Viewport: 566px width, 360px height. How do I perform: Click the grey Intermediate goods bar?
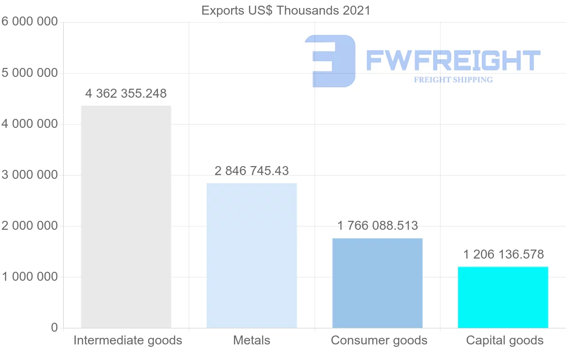click(x=126, y=217)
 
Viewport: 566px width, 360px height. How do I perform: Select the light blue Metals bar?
click(x=252, y=255)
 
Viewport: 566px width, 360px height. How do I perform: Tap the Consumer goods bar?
click(x=377, y=283)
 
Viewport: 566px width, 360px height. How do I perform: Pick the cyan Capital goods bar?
click(x=503, y=297)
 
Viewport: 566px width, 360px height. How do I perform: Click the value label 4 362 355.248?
click(x=126, y=94)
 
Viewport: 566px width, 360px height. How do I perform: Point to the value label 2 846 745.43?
click(x=252, y=171)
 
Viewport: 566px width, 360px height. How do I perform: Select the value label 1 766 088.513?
click(x=377, y=226)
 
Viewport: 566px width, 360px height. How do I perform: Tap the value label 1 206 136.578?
click(x=503, y=255)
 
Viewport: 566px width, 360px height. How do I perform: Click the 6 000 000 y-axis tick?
click(x=29, y=22)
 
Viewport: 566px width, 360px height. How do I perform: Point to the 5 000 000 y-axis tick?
click(x=29, y=73)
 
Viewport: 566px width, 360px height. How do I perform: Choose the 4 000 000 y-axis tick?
click(x=29, y=124)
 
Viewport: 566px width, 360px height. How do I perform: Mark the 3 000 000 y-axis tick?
click(x=29, y=175)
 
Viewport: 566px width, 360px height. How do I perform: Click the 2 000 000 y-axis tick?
click(x=29, y=226)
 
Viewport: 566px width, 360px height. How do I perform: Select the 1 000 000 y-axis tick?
click(x=29, y=277)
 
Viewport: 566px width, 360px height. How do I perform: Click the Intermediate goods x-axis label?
click(x=128, y=340)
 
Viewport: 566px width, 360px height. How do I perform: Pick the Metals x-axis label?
click(x=252, y=340)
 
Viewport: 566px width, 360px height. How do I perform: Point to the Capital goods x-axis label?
click(x=505, y=340)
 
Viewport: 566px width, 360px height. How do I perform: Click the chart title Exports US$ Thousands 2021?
click(x=286, y=10)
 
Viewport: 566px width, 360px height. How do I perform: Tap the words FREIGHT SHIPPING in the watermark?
click(x=453, y=80)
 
